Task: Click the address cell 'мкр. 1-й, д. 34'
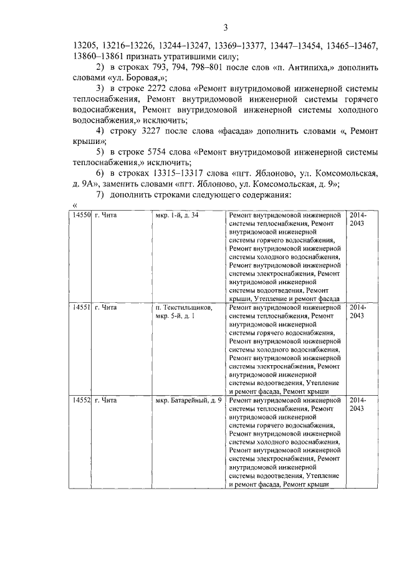(x=177, y=215)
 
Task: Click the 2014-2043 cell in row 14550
(x=358, y=219)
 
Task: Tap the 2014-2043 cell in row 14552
(x=358, y=404)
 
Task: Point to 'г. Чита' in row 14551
(x=105, y=308)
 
